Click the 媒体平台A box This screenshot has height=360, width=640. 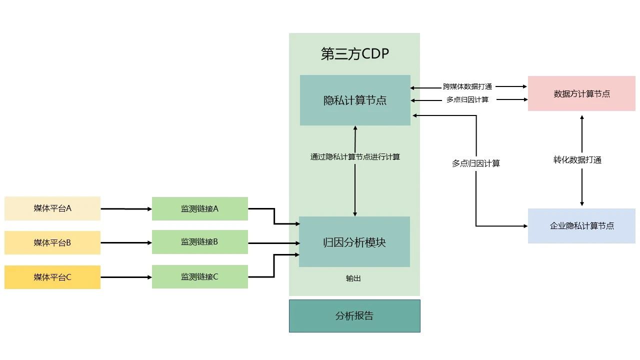(52, 208)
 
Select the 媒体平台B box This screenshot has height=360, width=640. (52, 243)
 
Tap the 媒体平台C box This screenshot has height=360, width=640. (52, 277)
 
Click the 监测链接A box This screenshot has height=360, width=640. (199, 208)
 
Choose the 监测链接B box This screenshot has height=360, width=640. (199, 242)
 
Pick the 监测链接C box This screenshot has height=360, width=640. (199, 276)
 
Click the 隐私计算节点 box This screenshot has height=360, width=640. (355, 100)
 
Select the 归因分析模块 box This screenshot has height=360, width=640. (354, 242)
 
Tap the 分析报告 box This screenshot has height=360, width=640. (354, 316)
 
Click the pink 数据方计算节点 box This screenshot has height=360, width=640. (581, 93)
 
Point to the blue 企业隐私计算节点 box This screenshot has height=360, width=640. (581, 226)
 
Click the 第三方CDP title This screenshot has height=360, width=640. (354, 54)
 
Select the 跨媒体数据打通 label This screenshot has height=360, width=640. (467, 86)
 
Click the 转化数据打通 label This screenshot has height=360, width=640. (577, 160)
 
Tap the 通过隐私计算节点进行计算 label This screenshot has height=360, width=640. (355, 156)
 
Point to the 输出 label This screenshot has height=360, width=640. (353, 278)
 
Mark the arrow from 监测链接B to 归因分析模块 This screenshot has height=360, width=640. (273, 243)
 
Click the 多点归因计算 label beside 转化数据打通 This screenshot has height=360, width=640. (476, 163)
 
